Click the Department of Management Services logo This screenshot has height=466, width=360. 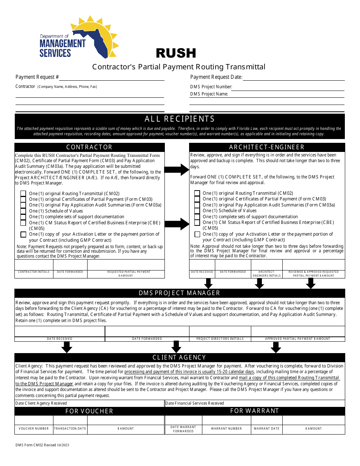click(79, 38)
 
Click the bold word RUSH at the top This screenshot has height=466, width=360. click(176, 53)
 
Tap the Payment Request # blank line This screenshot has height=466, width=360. click(111, 78)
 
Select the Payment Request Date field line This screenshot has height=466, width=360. click(294, 78)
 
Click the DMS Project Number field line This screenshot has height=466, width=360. click(288, 87)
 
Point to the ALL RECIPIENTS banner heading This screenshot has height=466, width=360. click(180, 119)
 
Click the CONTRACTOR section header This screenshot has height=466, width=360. click(89, 147)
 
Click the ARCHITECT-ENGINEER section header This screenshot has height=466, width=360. click(267, 147)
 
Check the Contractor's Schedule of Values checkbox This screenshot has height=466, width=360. click(23, 211)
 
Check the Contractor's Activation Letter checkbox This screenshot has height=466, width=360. click(23, 235)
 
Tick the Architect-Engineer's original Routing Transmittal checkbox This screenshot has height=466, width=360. click(197, 193)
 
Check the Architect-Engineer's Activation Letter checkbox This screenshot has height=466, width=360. click(197, 235)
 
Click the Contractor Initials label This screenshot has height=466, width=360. click(34, 272)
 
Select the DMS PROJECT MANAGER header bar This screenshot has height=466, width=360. click(180, 293)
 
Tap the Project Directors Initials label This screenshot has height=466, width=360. click(220, 339)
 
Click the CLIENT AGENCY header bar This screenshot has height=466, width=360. click(180, 357)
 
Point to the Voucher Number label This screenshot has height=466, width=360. click(34, 428)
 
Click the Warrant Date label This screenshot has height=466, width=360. click(266, 428)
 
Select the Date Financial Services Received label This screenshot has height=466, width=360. click(195, 403)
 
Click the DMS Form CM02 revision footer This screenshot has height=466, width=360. click(42, 445)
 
